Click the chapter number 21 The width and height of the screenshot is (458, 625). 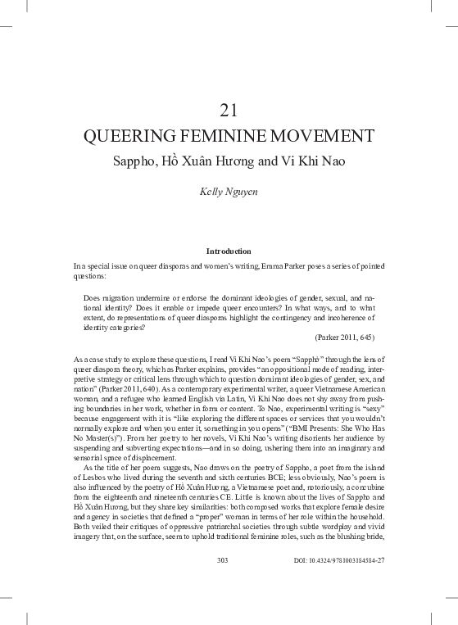click(x=229, y=110)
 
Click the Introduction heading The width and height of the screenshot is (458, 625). click(x=229, y=251)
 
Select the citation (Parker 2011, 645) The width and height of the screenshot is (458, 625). click(x=344, y=337)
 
